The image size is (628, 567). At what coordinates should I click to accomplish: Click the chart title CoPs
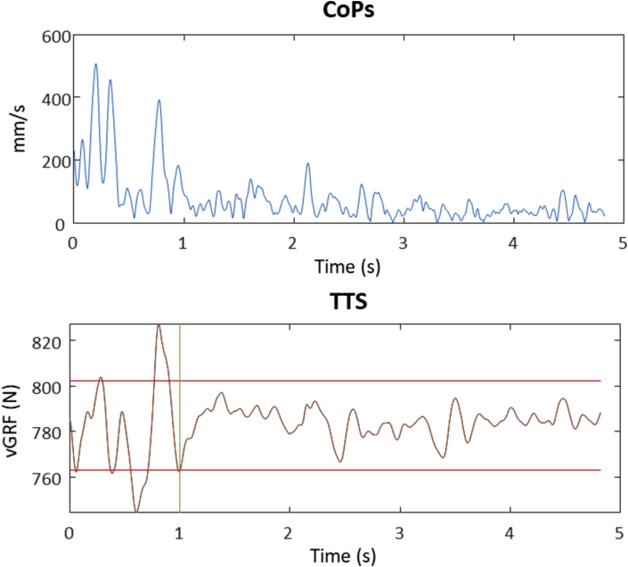347,12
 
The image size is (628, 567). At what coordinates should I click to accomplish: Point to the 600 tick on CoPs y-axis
54,36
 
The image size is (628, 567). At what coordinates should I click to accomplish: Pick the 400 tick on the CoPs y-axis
54,97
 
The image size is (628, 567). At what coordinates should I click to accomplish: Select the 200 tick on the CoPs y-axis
54,160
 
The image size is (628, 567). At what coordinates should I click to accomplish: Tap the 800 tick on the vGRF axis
46,387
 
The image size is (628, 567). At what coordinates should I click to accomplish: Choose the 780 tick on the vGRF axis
46,432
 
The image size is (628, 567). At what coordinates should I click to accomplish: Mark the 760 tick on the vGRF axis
46,478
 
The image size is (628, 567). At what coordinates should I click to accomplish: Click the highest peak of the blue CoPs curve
95,64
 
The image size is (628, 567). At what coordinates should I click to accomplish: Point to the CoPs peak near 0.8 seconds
159,100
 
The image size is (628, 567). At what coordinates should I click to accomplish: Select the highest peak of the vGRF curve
159,325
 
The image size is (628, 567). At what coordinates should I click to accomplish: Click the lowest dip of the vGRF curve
136,511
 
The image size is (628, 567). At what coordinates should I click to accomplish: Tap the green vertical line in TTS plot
180,419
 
